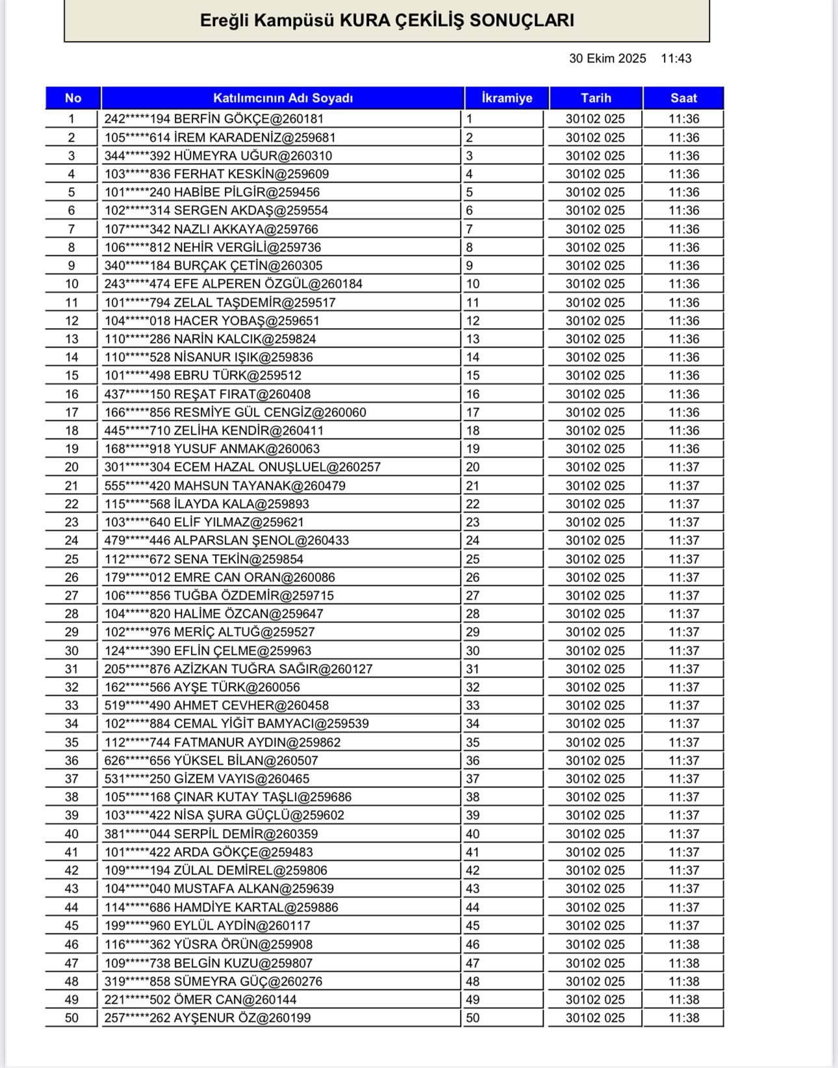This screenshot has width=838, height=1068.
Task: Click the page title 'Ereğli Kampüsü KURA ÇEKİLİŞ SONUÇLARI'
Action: point(387,20)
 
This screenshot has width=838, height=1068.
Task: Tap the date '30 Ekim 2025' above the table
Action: point(607,58)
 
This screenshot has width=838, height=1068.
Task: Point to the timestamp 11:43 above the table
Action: point(676,58)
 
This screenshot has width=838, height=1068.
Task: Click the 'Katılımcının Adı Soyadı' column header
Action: point(283,98)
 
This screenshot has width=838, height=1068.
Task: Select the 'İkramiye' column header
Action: point(507,98)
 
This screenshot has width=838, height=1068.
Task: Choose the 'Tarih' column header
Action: point(596,98)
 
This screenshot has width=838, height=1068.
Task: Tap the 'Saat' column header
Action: point(683,98)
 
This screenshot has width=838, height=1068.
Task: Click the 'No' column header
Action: point(73,98)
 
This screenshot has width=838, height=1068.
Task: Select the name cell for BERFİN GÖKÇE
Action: point(214,119)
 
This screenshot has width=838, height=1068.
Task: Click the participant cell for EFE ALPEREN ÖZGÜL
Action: point(233,284)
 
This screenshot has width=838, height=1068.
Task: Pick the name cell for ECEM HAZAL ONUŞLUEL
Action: point(242,467)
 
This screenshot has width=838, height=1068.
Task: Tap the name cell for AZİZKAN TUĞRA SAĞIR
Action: point(238,669)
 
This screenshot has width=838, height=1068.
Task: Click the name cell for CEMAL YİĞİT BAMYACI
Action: point(236,724)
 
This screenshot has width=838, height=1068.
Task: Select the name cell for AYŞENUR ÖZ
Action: point(207,1018)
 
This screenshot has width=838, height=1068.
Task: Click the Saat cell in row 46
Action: point(684,945)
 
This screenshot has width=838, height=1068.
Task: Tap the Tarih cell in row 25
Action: point(595,559)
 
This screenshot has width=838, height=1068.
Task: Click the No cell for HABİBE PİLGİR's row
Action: point(71,192)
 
